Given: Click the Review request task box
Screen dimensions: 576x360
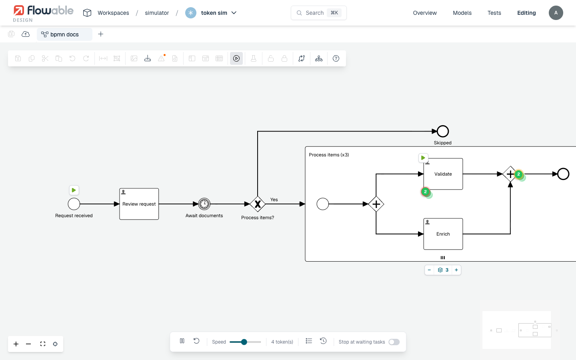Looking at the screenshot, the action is point(139,204).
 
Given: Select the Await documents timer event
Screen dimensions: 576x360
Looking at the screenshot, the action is point(204,204).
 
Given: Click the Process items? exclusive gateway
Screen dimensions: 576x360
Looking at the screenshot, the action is point(258,204).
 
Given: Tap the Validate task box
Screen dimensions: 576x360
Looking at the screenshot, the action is point(443,174).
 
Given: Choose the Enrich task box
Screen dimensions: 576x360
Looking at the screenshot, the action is point(443,234).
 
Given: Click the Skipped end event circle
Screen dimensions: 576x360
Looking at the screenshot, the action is point(442,131).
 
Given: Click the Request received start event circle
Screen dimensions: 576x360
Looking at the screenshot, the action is point(74,204).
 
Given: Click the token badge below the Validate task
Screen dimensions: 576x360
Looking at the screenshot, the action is point(426,192).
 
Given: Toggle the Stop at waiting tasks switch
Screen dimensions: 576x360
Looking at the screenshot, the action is point(394,342).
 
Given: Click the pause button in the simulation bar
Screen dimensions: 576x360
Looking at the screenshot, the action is point(182,341).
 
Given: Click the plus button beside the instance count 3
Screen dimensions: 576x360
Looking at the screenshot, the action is point(456,270).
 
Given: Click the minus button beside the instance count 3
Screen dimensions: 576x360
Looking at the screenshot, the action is point(429,270).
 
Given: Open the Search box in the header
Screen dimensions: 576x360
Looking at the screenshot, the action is point(318,13).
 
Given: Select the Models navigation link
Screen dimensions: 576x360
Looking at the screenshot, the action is point(462,13).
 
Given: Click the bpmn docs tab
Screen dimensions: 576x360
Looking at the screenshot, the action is point(64,34).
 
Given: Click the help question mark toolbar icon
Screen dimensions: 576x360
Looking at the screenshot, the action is point(336,59).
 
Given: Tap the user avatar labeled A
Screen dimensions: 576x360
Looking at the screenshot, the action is point(556,13).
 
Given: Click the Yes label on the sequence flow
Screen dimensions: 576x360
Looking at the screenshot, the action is point(274,200).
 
